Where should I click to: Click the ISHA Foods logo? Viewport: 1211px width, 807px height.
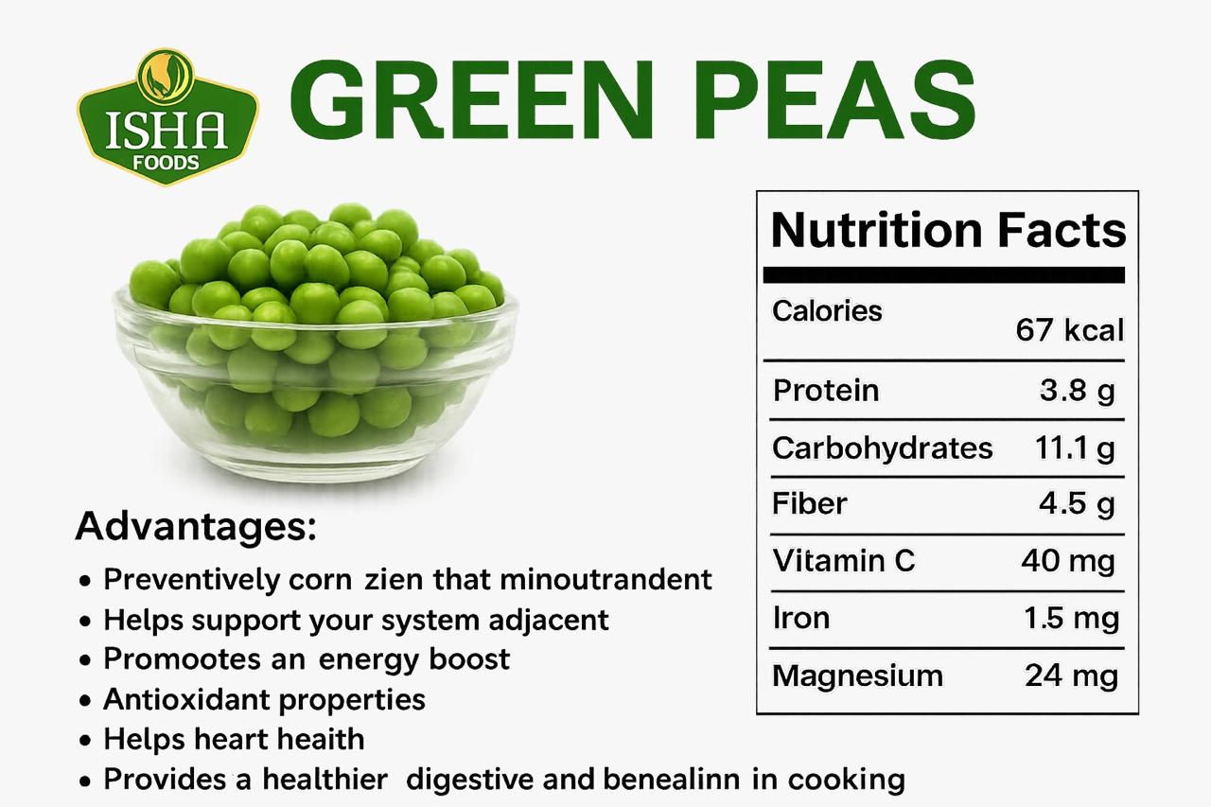coord(167,117)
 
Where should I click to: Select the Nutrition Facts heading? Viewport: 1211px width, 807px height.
coord(948,231)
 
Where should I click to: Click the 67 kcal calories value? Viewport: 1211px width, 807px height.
coord(1069,330)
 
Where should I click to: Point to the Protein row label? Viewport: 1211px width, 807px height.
coord(826,391)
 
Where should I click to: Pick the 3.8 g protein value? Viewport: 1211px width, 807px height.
coord(1077,391)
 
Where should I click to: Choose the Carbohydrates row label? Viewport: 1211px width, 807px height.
coord(883,448)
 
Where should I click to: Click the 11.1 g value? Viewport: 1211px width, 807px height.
coord(1075,448)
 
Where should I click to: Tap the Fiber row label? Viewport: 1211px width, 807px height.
coord(809,503)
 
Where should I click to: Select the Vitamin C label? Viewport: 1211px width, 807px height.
coord(843,560)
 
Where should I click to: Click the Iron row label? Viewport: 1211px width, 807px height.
coord(801,618)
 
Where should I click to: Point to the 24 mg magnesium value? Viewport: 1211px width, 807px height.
coord(1071,676)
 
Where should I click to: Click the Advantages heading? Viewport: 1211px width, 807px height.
coord(196,527)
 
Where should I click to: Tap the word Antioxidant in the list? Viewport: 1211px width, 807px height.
coord(186,699)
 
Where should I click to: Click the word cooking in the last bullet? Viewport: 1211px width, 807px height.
coord(847,781)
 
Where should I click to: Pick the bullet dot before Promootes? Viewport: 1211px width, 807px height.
coord(85,661)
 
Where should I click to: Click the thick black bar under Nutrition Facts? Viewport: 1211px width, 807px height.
coord(944,275)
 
